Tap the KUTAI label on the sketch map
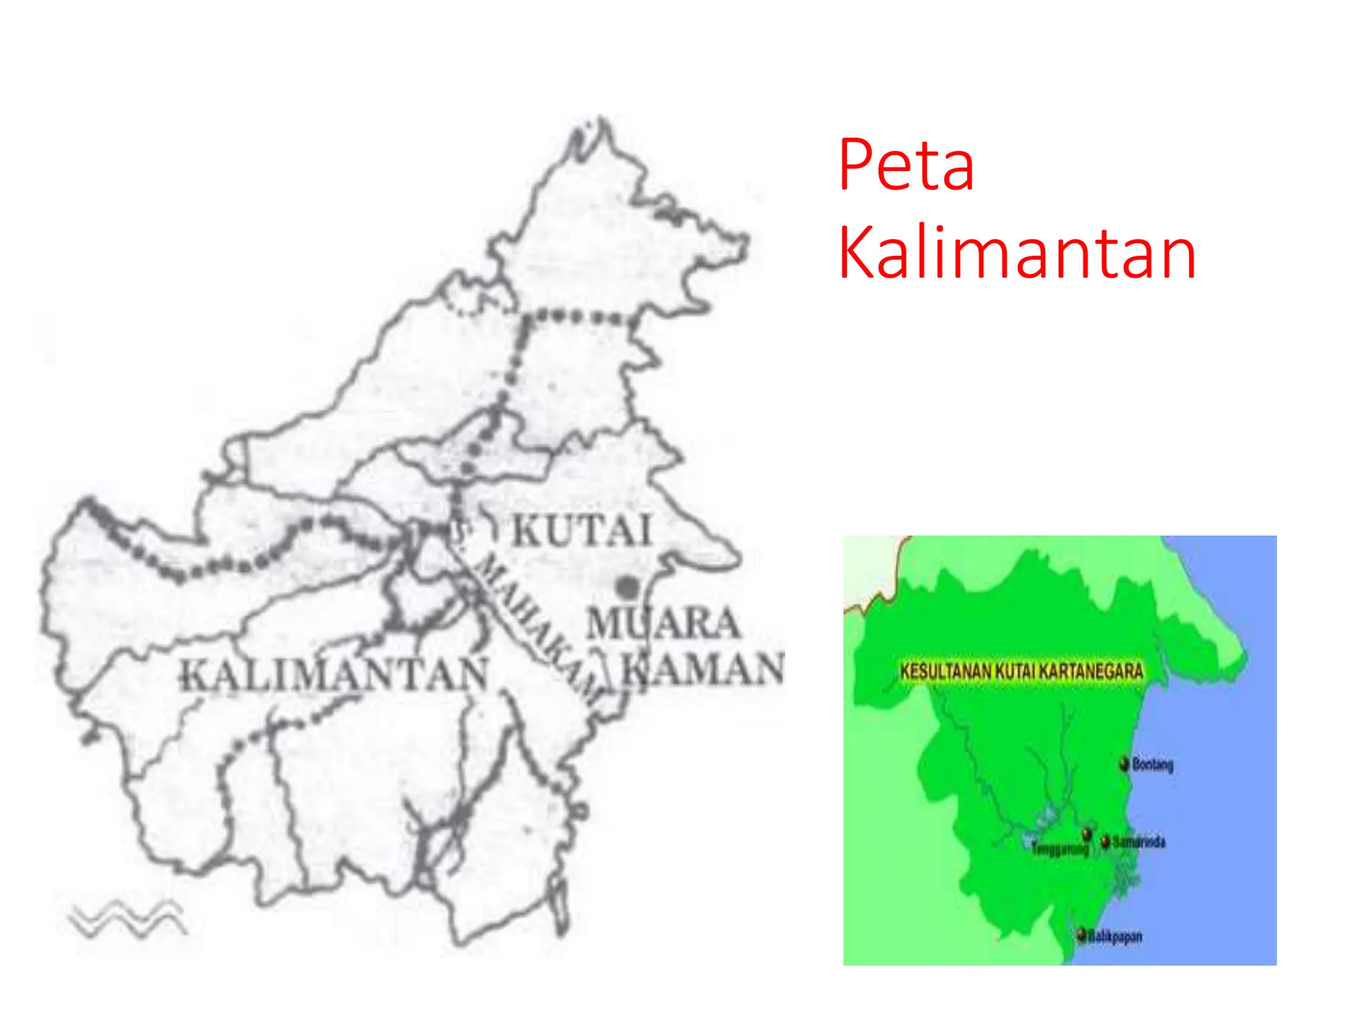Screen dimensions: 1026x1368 click(x=581, y=531)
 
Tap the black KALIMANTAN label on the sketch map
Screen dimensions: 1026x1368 click(x=335, y=675)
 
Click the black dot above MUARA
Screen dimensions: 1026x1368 click(x=627, y=588)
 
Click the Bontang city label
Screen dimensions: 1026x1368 click(x=1153, y=764)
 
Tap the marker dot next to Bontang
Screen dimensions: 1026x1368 click(x=1125, y=763)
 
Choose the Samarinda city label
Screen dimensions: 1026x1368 click(x=1139, y=842)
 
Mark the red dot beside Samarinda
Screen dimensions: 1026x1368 click(x=1105, y=841)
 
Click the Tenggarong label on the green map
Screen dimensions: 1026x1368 click(x=1060, y=849)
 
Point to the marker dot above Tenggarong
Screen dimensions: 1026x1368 click(x=1087, y=834)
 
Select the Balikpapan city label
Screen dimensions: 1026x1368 click(x=1115, y=936)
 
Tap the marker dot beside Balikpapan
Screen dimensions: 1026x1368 click(x=1082, y=934)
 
